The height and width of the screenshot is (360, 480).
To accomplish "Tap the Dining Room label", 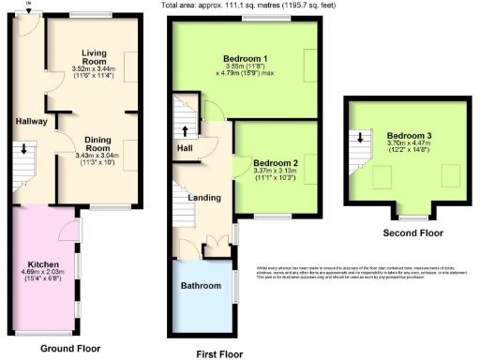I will pyautogui.click(x=98, y=142).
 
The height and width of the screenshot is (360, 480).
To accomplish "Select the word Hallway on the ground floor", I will pyautogui.click(x=31, y=121).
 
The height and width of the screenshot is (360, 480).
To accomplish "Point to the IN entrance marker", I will pyautogui.click(x=28, y=5).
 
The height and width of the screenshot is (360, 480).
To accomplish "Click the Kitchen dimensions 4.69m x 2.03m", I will pyautogui.click(x=43, y=274).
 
